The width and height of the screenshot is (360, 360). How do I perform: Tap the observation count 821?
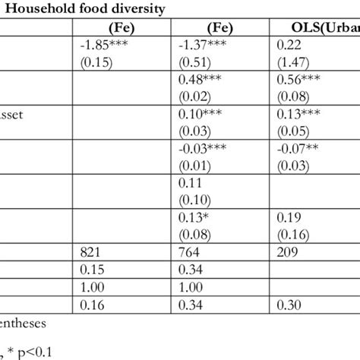click(x=90, y=251)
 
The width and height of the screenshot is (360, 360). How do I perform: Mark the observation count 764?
click(x=188, y=251)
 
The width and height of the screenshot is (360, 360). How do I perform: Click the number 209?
click(x=288, y=251)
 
